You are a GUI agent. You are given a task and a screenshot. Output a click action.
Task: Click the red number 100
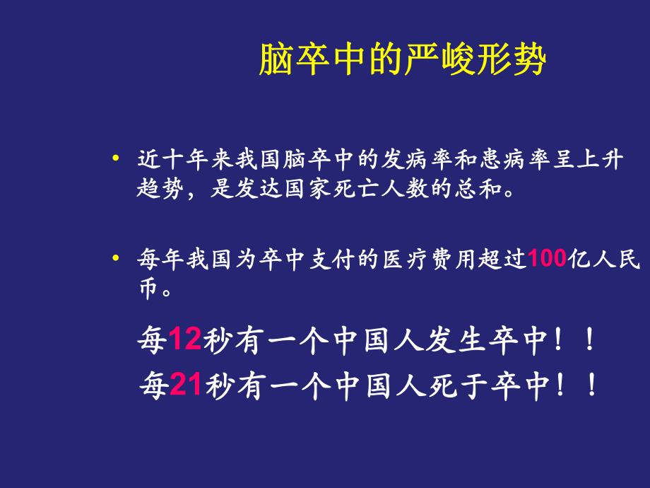click(x=548, y=260)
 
